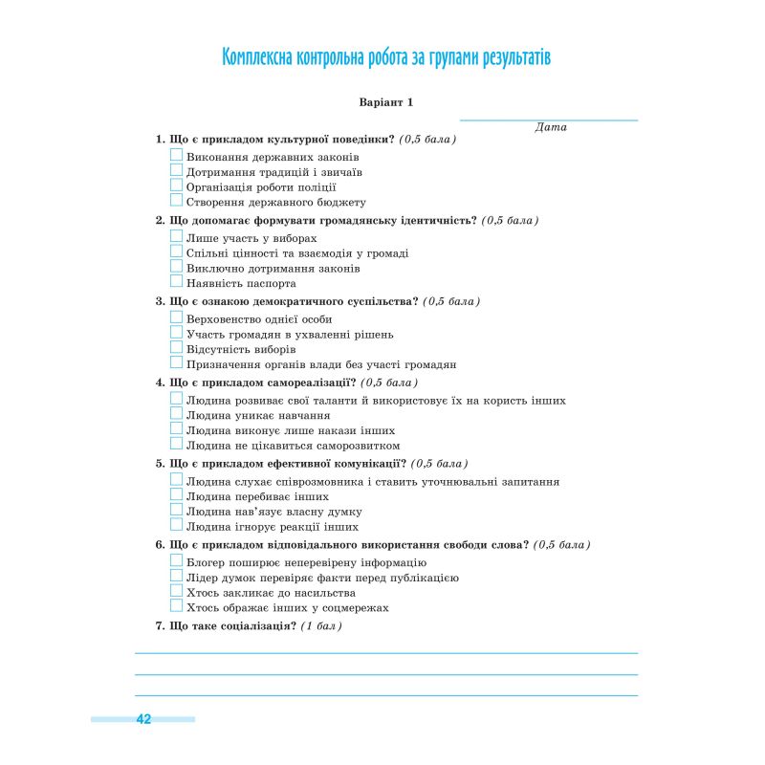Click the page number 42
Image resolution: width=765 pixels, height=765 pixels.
(143, 719)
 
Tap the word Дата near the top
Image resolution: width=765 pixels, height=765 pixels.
(551, 127)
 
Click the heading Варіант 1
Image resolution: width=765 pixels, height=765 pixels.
(385, 101)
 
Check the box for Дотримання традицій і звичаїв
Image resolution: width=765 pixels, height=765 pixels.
(176, 171)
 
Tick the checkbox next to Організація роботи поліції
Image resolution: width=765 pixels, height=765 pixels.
(176, 186)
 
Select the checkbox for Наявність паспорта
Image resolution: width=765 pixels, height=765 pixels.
(176, 282)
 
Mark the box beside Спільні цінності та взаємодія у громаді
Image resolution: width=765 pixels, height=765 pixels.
(176, 252)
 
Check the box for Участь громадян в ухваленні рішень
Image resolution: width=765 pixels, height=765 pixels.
(176, 334)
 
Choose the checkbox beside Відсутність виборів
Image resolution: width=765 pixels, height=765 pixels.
(176, 348)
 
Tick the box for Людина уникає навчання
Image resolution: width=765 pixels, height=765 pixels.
(176, 414)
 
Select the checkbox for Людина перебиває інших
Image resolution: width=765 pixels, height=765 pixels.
(176, 495)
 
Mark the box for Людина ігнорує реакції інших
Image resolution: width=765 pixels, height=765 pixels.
(176, 525)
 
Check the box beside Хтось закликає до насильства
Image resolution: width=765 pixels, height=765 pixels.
(176, 592)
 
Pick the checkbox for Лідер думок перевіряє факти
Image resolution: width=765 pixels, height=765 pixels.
(176, 577)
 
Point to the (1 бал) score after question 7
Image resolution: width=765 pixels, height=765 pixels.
(321, 626)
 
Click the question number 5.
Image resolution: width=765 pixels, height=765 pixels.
(159, 464)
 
